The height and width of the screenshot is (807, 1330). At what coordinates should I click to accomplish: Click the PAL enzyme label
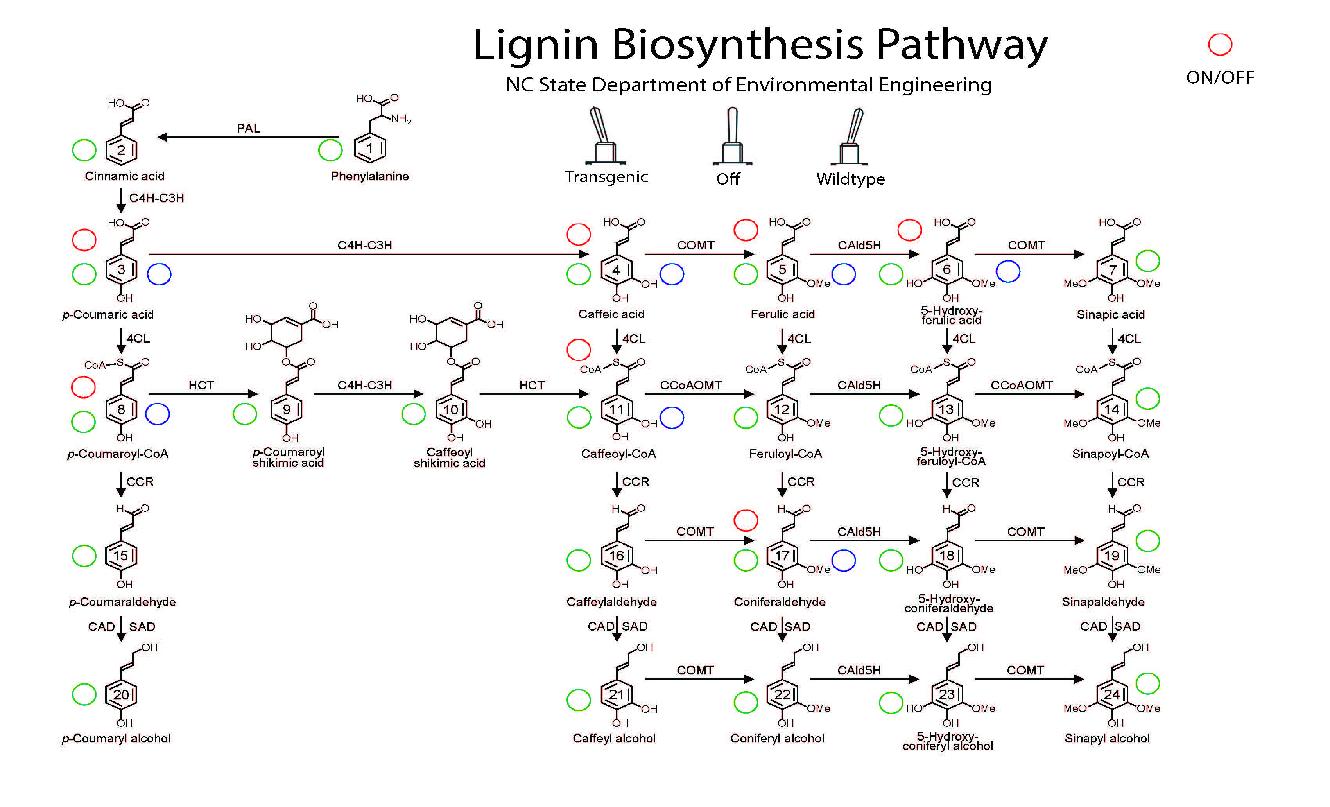click(248, 129)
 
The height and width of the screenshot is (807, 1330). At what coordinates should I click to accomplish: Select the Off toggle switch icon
click(732, 136)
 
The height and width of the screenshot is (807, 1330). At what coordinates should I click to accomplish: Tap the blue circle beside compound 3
click(159, 274)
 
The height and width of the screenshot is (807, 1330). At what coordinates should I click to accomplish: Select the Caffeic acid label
click(611, 314)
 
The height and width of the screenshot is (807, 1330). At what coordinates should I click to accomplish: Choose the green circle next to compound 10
click(414, 414)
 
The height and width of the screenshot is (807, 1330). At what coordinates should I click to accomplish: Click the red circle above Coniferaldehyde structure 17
click(746, 520)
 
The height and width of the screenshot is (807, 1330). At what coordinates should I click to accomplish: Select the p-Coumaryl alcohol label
click(116, 739)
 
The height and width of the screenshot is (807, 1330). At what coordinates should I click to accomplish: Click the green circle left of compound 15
click(84, 556)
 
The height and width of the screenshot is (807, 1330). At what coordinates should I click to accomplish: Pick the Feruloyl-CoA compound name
click(785, 454)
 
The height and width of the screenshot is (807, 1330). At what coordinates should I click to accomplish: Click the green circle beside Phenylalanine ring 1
click(330, 150)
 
